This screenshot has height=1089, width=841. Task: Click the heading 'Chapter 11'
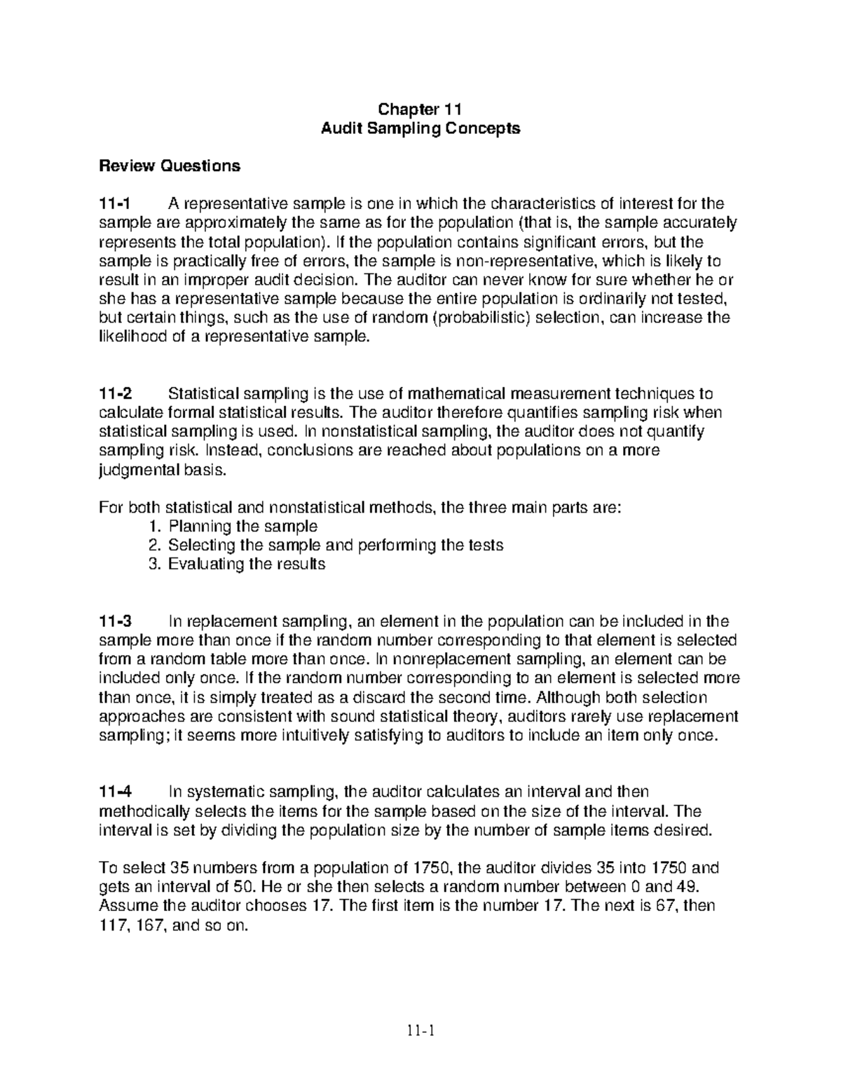[420, 109]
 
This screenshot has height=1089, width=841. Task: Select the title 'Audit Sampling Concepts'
[420, 128]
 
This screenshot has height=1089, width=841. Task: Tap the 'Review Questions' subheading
[170, 166]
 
